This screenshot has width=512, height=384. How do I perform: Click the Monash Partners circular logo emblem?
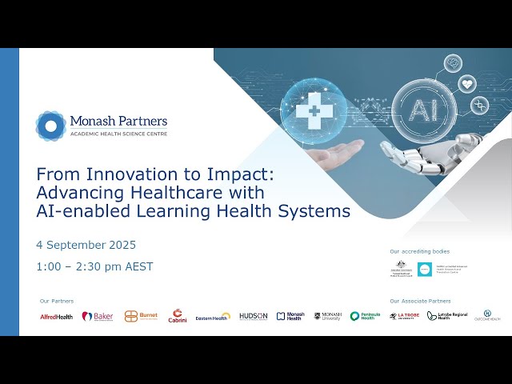50,126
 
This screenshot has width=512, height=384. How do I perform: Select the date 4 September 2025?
86,245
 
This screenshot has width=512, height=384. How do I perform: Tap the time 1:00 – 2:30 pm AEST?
94,266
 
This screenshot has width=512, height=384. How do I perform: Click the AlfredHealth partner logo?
57,317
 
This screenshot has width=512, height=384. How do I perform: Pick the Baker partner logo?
98,316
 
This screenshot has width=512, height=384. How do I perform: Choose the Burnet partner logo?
141,316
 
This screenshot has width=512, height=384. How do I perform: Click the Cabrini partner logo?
178,316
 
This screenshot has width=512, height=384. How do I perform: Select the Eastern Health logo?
213,317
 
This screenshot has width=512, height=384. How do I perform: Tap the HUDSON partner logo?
254,316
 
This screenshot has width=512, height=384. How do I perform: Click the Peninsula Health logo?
365,316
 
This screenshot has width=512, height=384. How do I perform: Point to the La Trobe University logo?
404,316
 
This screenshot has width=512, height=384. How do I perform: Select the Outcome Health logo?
486,316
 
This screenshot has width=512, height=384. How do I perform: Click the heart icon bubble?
467,83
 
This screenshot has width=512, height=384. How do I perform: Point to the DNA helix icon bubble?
480,104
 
